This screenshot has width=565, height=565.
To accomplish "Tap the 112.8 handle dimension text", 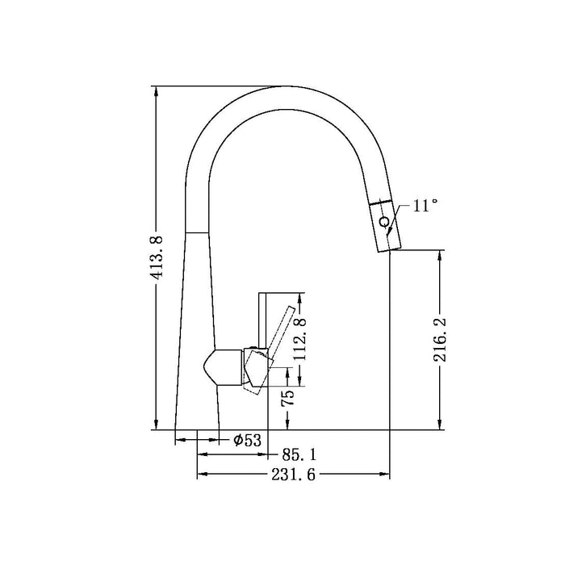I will coord(300,340).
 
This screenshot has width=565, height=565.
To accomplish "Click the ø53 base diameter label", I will coord(247,440).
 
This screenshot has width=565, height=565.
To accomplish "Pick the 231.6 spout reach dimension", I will coord(293,475).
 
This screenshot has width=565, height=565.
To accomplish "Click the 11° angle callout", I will coord(425,205).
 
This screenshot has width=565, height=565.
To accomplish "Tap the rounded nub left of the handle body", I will coord(211,368).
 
